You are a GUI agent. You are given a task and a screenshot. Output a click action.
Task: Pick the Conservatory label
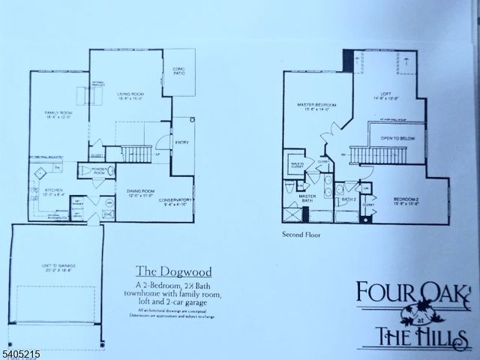pos(176,201)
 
